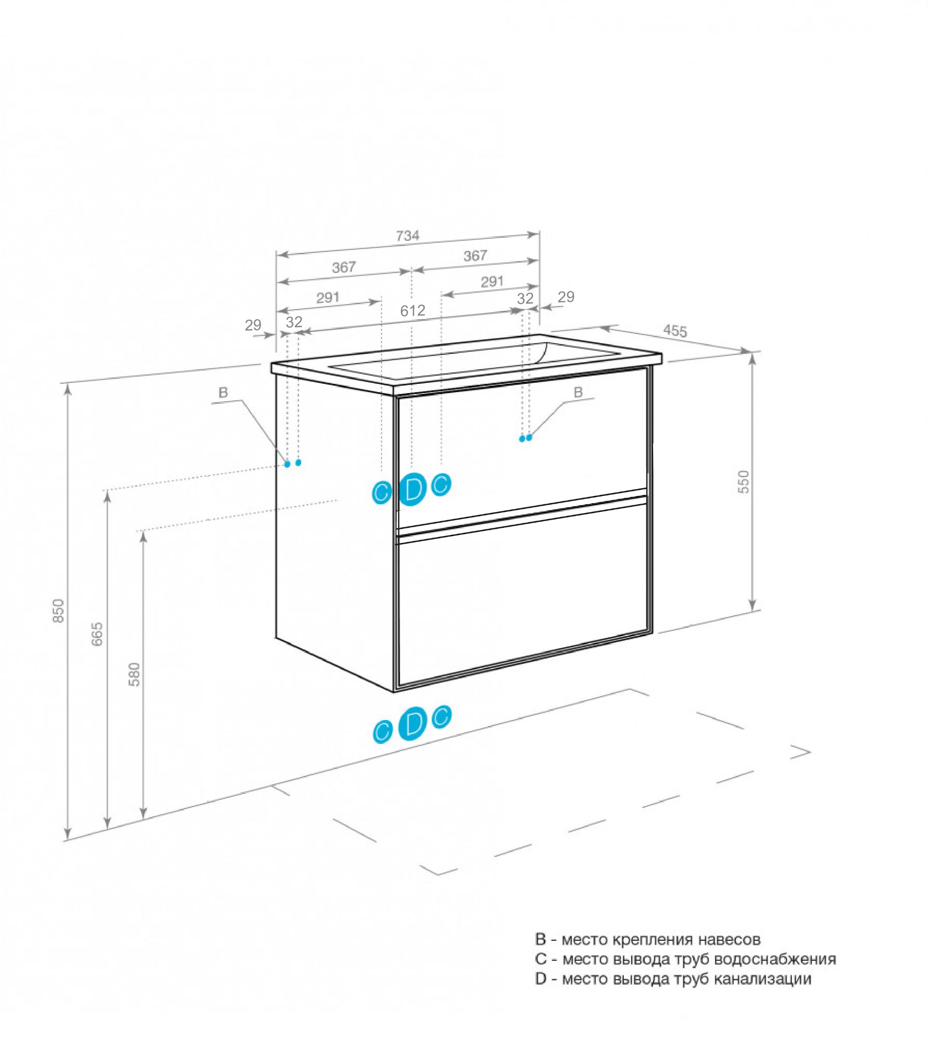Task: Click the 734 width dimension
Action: (x=407, y=236)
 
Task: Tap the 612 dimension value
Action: (x=413, y=311)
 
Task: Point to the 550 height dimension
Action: (x=744, y=482)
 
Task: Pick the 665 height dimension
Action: (x=98, y=635)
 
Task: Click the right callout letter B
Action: (x=578, y=393)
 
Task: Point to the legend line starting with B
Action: (x=648, y=939)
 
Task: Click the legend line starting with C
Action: (x=685, y=959)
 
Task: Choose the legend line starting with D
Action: (x=673, y=979)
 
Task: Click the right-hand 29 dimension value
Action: (x=566, y=297)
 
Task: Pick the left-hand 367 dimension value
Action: (x=344, y=267)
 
